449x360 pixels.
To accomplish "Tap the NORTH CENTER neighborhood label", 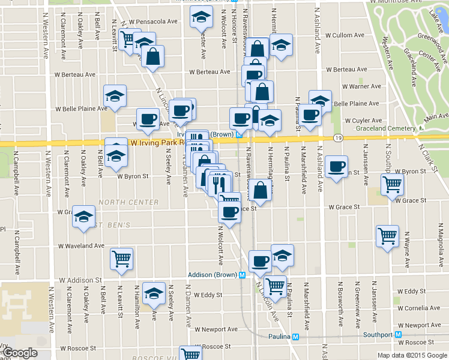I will coord(129,202).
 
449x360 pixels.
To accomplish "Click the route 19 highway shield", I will coord(338,138).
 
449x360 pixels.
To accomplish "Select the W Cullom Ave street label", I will coord(345,35).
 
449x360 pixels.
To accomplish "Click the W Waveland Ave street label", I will coord(82,246).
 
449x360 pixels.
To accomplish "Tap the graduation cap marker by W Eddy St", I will coord(154,293).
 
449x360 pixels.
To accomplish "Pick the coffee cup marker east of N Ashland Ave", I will coord(337,166).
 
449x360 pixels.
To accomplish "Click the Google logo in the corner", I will coord(19,353).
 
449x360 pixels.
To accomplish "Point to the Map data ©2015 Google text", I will coord(412,355).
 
